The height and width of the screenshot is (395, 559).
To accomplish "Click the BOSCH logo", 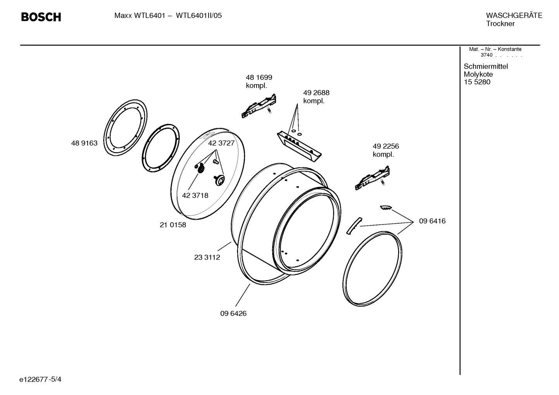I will (41, 17).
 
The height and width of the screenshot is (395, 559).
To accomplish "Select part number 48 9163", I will (84, 143).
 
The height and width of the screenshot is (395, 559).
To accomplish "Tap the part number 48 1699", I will (259, 78).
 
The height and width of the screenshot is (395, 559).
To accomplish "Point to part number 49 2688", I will (316, 93).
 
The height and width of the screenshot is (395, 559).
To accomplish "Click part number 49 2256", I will (386, 147).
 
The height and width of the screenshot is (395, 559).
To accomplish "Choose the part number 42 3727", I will (221, 143).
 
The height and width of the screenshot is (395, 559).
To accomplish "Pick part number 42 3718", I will (195, 195).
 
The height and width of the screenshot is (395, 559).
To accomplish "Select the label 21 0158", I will (173, 225).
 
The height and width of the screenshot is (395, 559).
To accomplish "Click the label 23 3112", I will (207, 257).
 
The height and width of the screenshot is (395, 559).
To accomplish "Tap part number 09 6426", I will (233, 314).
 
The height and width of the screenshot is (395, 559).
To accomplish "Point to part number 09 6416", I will (432, 221).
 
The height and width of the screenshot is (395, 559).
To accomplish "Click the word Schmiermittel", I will (486, 66).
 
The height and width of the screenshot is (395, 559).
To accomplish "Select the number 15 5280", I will (477, 82).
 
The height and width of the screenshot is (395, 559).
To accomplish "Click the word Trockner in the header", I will (500, 24).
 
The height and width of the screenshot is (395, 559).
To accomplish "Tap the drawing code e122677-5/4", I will (40, 379).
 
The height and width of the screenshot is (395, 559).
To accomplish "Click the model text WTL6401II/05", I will (199, 16).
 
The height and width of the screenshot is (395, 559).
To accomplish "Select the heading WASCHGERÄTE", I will (514, 16).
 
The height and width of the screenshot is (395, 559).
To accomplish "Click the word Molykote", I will (478, 74).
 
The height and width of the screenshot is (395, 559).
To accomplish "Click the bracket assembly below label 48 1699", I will (259, 106).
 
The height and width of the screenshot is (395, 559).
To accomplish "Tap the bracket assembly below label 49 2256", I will (372, 179).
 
